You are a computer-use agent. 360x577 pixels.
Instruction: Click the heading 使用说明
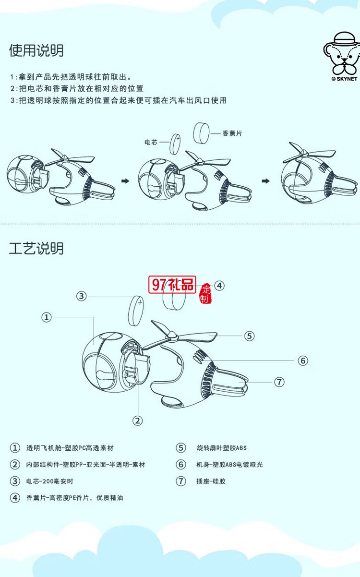[36, 50]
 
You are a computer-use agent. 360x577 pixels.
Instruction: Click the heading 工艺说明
[36, 248]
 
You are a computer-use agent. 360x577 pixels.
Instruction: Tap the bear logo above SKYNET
[341, 53]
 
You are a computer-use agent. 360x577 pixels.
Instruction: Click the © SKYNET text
[344, 79]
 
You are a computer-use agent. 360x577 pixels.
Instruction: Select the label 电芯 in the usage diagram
[151, 142]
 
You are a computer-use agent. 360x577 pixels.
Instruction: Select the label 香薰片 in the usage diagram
[232, 133]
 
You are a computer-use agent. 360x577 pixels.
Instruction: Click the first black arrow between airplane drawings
[125, 181]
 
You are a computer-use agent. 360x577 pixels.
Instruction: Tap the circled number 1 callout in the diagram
[47, 317]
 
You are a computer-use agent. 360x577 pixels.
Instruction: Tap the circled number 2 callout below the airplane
[138, 421]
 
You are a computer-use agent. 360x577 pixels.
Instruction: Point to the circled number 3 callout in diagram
[82, 296]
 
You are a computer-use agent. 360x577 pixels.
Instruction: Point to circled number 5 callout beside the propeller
[249, 336]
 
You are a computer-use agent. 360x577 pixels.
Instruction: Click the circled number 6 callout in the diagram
[302, 361]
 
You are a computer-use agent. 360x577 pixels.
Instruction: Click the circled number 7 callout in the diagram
[279, 382]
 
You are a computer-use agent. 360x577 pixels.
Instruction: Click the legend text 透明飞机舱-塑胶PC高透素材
[70, 448]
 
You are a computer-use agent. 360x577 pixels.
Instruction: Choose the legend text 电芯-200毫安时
[50, 481]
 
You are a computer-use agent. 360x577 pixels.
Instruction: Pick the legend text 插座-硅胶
[211, 481]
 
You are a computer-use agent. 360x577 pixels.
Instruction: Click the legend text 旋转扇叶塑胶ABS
[221, 448]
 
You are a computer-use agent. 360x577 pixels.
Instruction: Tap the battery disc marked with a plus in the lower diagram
[137, 311]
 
